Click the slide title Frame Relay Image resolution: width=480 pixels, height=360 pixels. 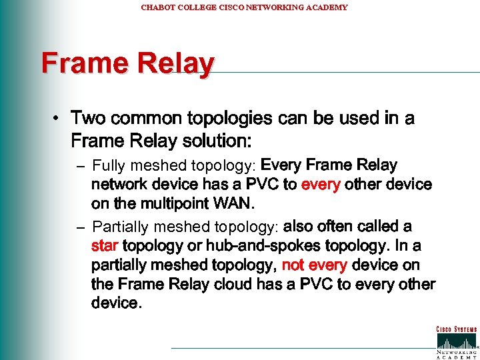point(128,64)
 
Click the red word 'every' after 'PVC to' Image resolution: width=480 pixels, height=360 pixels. point(321,184)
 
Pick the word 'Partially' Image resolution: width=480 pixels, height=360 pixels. point(119,227)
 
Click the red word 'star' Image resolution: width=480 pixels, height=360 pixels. point(105,246)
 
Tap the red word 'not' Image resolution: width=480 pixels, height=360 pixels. point(293,265)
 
